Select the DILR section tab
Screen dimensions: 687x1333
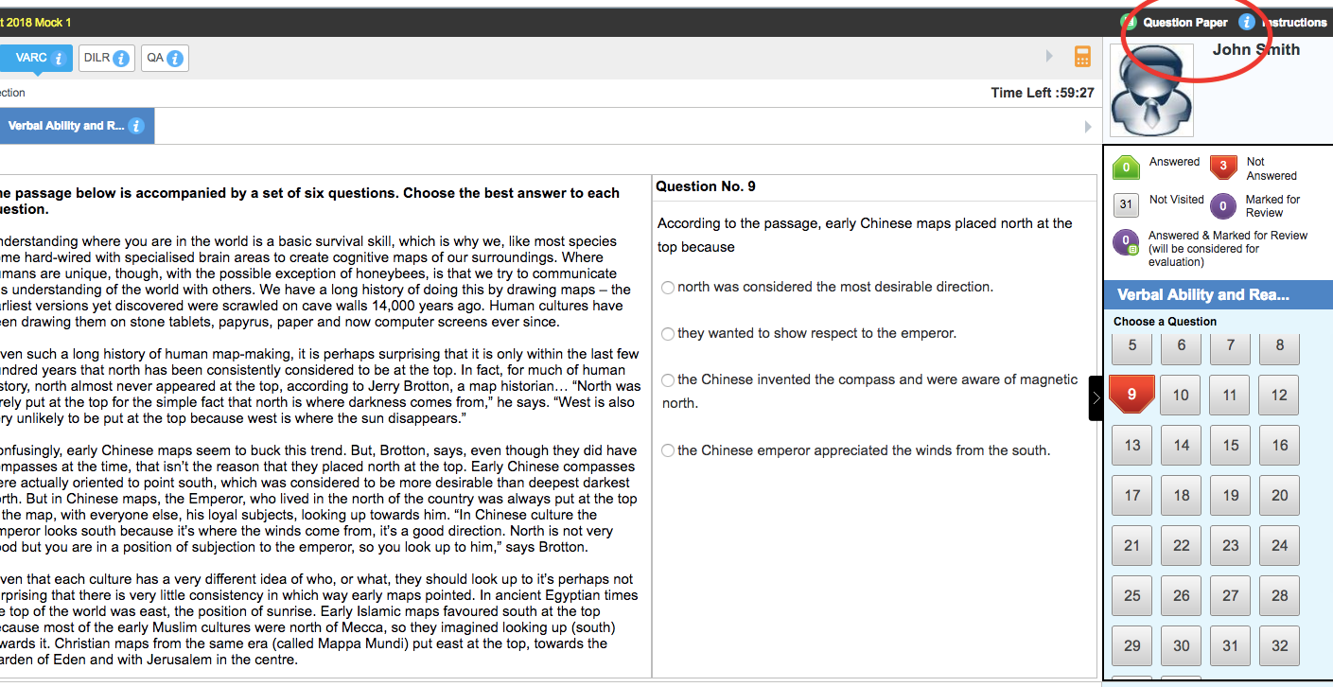click(106, 59)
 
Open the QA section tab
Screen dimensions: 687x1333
click(164, 59)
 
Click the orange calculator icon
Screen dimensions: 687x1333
click(1083, 57)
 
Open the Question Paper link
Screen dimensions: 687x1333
click(1184, 23)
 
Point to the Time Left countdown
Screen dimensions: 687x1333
click(1043, 93)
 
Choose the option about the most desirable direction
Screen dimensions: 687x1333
click(668, 288)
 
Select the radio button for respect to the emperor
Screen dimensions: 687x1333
click(668, 334)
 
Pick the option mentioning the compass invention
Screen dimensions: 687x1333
click(668, 380)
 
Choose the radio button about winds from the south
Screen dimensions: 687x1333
click(668, 451)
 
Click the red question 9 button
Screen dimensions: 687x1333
click(1131, 395)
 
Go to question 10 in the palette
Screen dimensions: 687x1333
click(1181, 395)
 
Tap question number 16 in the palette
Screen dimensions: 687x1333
click(1279, 445)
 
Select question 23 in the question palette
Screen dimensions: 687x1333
click(1230, 545)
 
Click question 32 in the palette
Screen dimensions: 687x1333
click(1279, 645)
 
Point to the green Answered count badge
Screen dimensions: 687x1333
click(1126, 167)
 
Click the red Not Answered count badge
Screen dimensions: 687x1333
click(1223, 167)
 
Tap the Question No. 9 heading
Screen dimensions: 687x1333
click(705, 186)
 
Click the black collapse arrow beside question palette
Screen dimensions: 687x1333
click(1096, 397)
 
